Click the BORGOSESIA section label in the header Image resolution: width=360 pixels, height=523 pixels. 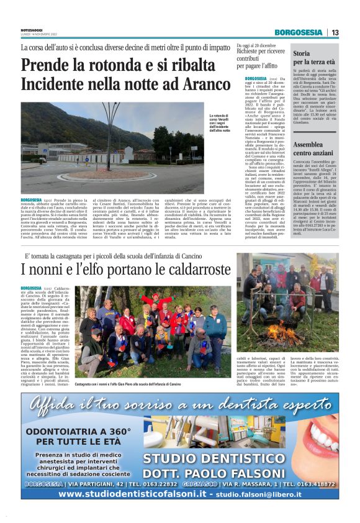[299, 32]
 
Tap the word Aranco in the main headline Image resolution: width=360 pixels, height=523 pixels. [201, 83]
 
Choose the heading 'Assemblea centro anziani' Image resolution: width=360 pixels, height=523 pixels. [315, 148]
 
